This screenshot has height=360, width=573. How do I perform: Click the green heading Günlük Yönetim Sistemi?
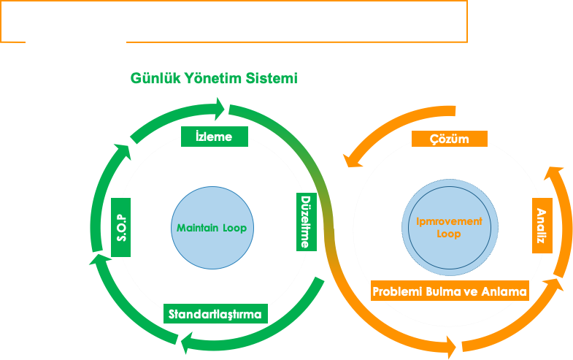(x=214, y=78)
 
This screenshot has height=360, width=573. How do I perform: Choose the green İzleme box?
(x=214, y=136)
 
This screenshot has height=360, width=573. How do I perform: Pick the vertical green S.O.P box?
(x=122, y=227)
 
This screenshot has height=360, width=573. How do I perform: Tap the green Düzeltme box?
(x=306, y=221)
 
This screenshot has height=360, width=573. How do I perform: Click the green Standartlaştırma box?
(x=216, y=315)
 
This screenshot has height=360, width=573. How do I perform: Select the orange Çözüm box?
(x=450, y=139)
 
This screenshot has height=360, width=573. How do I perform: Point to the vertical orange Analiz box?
(x=542, y=226)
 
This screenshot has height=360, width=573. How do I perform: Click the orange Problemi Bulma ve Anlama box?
(x=450, y=291)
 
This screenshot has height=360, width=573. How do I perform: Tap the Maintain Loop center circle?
(x=212, y=228)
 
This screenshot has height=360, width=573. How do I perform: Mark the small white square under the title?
(x=120, y=43)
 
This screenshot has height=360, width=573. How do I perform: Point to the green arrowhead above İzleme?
(x=217, y=110)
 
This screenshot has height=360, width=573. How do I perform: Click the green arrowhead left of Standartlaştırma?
(x=187, y=342)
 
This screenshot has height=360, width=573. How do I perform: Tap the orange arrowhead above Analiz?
(x=554, y=176)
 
